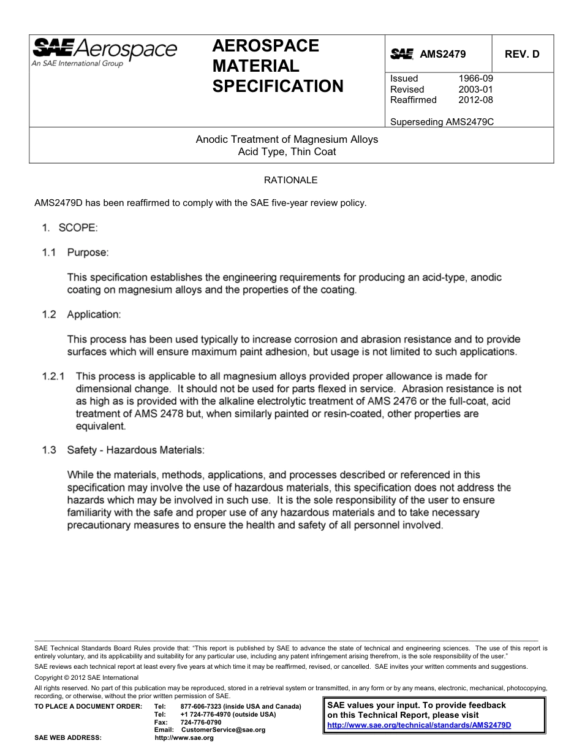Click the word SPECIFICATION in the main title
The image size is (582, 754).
point(278,86)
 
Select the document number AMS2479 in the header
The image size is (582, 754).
point(442,54)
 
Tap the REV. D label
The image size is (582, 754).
point(522,54)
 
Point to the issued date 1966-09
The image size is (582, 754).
point(475,78)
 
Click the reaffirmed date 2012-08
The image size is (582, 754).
point(475,100)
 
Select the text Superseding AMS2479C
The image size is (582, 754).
point(442,121)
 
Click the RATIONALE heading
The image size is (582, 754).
point(290,180)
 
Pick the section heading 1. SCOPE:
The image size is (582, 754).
point(69,228)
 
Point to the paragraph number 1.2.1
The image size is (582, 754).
point(54,376)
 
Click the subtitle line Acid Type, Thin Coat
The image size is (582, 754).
point(287,151)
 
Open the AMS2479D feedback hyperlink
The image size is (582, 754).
point(419,725)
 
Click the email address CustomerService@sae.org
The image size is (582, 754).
point(219,730)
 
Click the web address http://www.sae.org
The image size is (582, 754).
point(184,738)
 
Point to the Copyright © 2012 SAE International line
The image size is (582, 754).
point(86,677)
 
